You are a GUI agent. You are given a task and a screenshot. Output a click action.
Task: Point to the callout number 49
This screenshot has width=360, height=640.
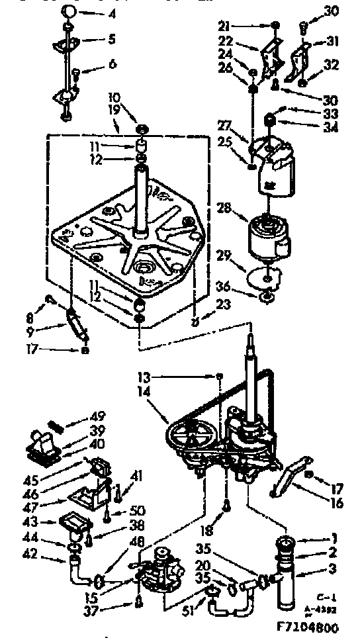[98, 416]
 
